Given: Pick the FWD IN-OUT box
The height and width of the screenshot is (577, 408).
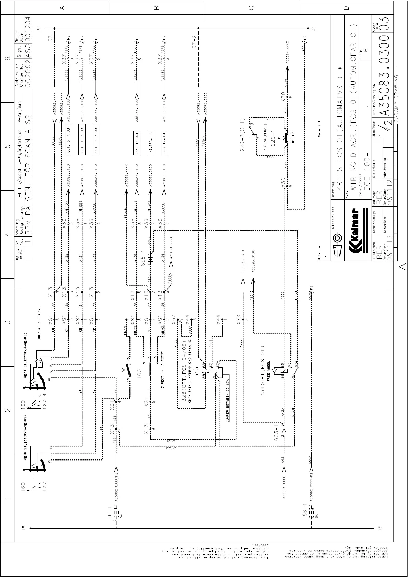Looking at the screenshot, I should pos(137,143).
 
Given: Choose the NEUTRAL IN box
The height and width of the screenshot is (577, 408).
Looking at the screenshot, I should pos(150,143).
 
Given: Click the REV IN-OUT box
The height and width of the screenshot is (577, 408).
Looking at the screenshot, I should pos(164,143).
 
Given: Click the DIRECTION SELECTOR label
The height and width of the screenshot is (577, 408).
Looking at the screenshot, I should pos(162,370).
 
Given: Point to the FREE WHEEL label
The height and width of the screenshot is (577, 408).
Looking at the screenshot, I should pos(268,370).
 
